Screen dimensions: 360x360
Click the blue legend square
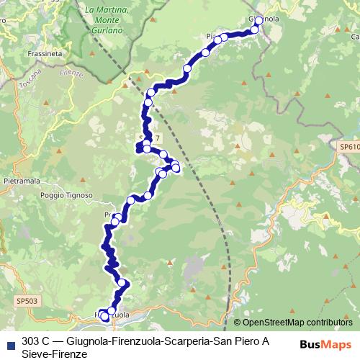pyautogui.click(x=9, y=342)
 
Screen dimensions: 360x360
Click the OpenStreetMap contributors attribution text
pyautogui.click(x=297, y=323)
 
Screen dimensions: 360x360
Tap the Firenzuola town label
pyautogui.click(x=113, y=315)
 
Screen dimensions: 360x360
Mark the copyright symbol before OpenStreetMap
pyautogui.click(x=238, y=323)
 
